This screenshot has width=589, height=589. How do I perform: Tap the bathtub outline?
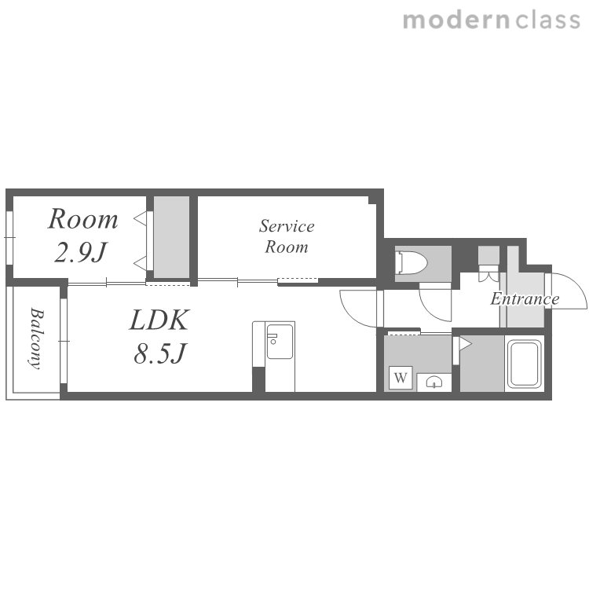click(525, 364)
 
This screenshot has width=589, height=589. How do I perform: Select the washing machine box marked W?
click(401, 377)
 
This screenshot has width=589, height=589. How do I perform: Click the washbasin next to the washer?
click(434, 382)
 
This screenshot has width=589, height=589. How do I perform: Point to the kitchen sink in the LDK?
click(280, 341)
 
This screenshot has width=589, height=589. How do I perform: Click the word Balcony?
click(36, 338)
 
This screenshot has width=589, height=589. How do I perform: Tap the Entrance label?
click(525, 299)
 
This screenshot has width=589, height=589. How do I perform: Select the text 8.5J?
click(160, 353)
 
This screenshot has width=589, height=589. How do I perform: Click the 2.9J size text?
click(81, 252)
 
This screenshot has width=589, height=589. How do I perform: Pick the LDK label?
click(159, 320)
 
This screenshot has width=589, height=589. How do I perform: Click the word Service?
click(287, 226)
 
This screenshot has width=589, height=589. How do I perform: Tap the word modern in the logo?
click(456, 20)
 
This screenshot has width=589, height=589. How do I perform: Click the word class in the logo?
click(548, 20)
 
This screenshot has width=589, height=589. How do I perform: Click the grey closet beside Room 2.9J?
click(172, 237)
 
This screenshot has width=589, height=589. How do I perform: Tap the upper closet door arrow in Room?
click(141, 218)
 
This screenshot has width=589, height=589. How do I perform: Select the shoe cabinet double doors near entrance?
click(488, 273)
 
